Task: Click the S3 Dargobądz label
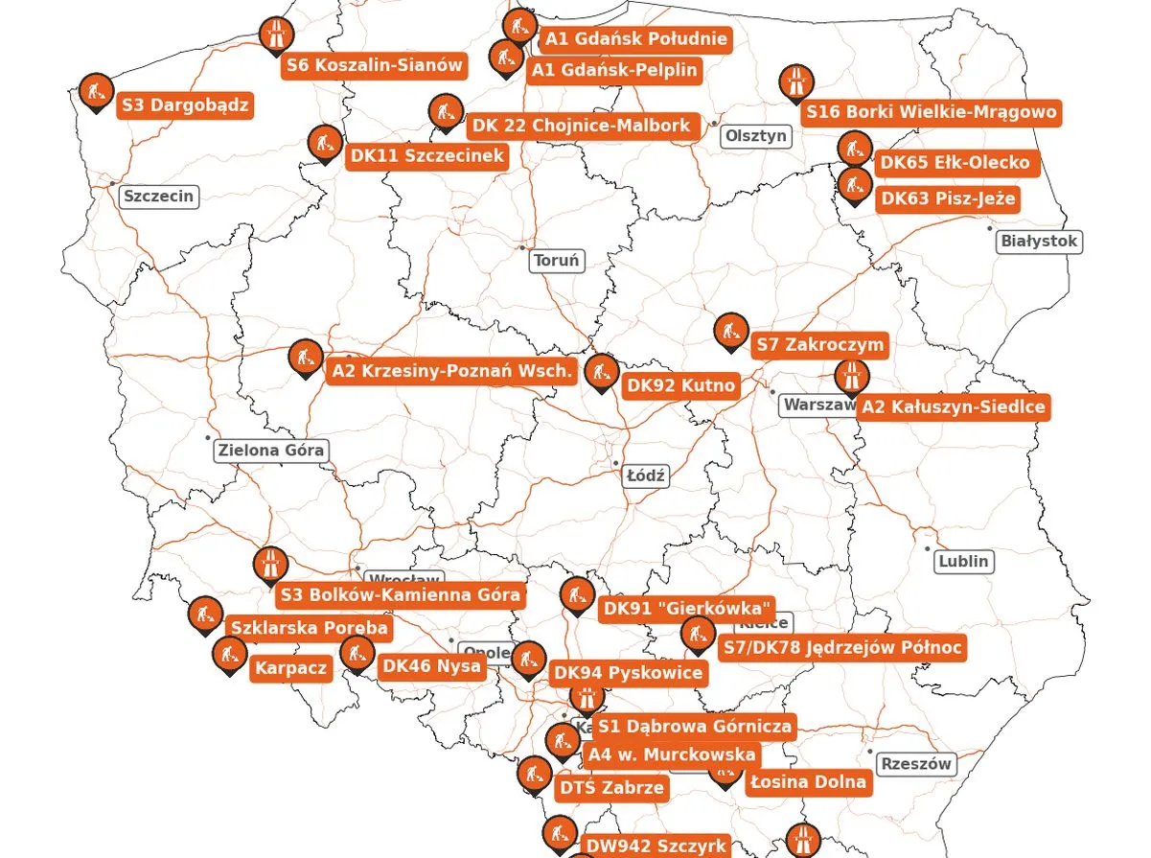(x=186, y=104)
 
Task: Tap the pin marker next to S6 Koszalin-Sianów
(x=276, y=35)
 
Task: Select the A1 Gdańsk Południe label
(x=635, y=39)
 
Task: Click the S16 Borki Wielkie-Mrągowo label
(x=932, y=112)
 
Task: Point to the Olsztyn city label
(x=756, y=135)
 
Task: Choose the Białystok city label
(x=1039, y=241)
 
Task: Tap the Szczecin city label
(x=159, y=197)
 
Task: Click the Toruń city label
(x=557, y=261)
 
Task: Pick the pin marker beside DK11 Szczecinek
(x=325, y=144)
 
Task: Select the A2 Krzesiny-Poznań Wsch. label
(x=452, y=371)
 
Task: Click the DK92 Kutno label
(x=680, y=386)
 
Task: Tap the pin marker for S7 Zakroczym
(x=732, y=332)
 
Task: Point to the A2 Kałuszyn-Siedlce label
(x=953, y=407)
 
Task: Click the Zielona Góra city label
(x=272, y=450)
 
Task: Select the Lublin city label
(x=963, y=561)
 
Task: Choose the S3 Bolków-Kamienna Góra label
(x=402, y=594)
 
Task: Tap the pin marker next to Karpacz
(x=229, y=656)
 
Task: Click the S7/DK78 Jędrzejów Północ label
(x=842, y=648)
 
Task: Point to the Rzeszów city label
(x=916, y=764)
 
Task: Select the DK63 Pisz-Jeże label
(x=947, y=199)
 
